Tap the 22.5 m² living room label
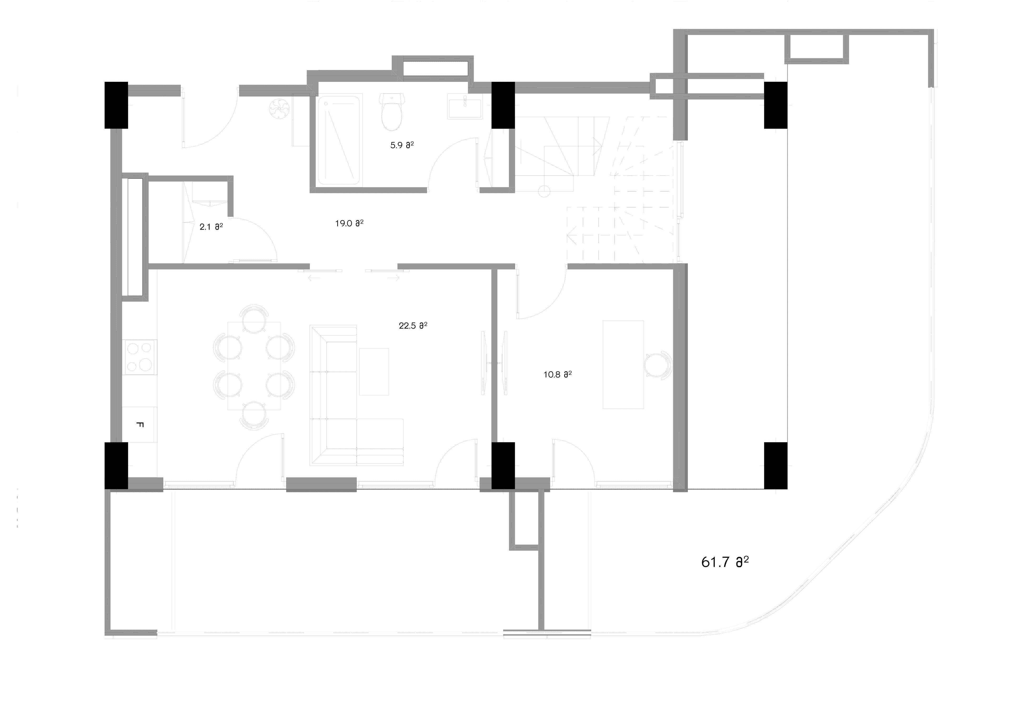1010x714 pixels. tap(413, 326)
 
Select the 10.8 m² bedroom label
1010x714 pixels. tap(557, 375)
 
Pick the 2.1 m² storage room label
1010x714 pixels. tap(211, 227)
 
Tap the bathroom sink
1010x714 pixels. tap(464, 107)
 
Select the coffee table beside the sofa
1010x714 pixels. tap(374, 372)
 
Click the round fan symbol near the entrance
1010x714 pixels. tap(279, 109)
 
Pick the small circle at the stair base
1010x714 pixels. tap(544, 191)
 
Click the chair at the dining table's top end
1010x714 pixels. tap(254, 318)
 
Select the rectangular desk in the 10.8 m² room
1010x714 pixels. tap(623, 364)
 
